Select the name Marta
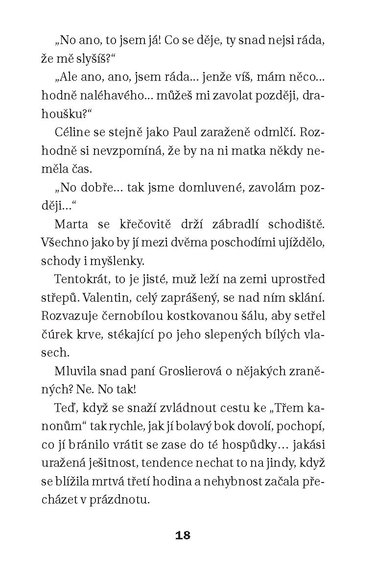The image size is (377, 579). [x=71, y=224]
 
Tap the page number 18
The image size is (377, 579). [x=183, y=535]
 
